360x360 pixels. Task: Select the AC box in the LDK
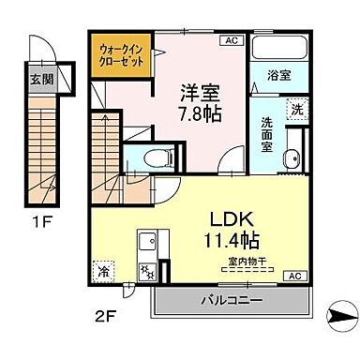(293, 277)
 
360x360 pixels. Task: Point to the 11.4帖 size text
(231, 237)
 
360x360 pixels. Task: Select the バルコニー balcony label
(229, 299)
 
